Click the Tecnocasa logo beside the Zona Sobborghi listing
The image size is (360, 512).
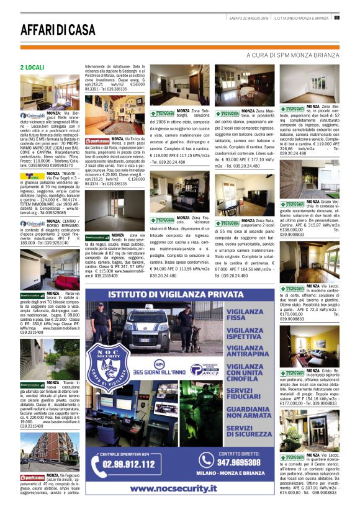coord(162,114)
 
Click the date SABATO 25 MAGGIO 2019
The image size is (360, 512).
coord(247,17)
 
